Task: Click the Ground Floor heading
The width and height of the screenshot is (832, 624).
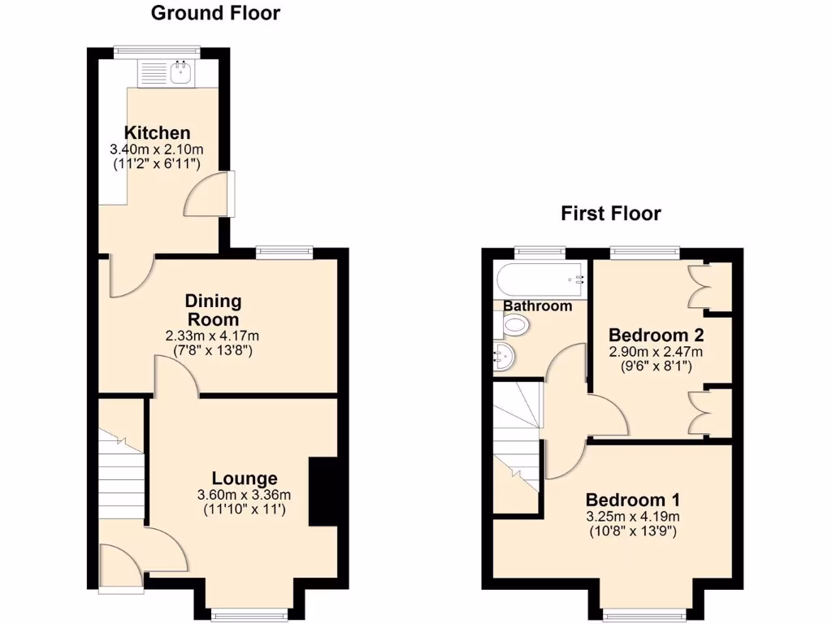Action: pos(215,13)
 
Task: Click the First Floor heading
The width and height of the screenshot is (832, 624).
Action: pos(610,214)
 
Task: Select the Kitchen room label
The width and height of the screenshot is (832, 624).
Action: pos(157,133)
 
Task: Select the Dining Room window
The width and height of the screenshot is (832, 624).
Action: pos(284,253)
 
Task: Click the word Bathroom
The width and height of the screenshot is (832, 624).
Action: pos(538,306)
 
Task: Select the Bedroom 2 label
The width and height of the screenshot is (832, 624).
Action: pos(656,335)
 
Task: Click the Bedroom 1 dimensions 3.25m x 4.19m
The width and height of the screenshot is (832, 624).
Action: pos(633,517)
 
